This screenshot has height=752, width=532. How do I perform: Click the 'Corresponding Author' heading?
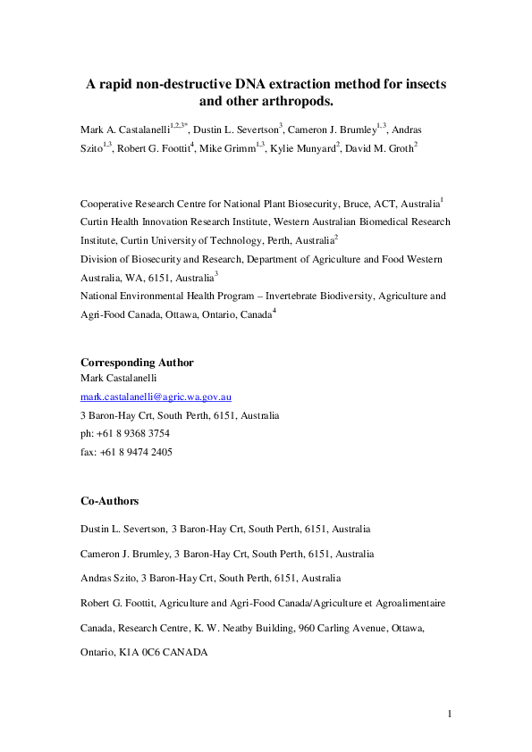coord(137,362)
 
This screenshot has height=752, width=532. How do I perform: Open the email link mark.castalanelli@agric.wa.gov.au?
coord(156,397)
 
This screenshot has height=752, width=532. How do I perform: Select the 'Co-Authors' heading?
coord(109,501)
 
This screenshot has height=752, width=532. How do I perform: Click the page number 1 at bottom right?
coord(451,713)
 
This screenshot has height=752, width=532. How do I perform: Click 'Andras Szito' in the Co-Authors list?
coord(106,579)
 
